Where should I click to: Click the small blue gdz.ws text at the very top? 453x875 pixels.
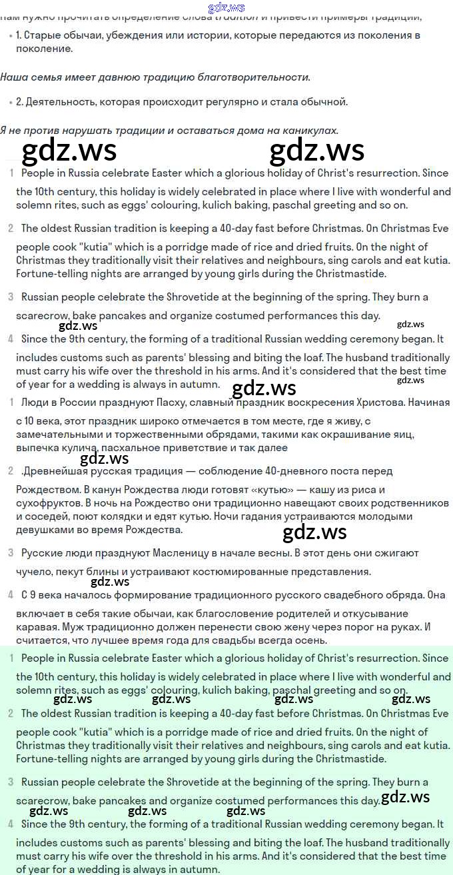pyautogui.click(x=226, y=8)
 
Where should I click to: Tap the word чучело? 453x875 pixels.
pyautogui.click(x=34, y=572)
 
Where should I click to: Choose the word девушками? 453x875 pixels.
pyautogui.click(x=44, y=530)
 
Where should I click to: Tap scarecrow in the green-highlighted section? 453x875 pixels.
pyautogui.click(x=44, y=801)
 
